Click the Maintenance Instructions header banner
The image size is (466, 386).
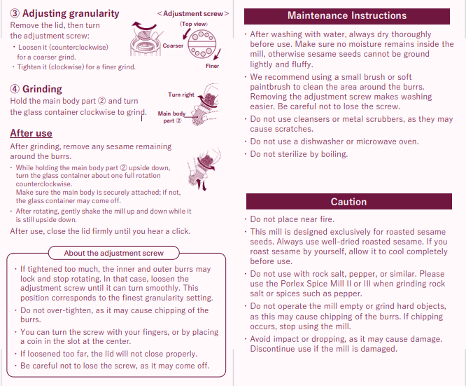[x=347, y=16]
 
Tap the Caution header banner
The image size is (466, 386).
[x=348, y=202]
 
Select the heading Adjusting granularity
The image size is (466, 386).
[x=71, y=13]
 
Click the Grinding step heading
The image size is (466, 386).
[x=42, y=89]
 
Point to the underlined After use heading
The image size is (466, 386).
[x=31, y=133]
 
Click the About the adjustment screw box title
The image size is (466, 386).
[x=114, y=253]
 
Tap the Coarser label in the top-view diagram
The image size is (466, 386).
[x=173, y=46]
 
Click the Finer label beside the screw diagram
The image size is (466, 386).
[x=212, y=66]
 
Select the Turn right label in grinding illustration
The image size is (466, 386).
[x=181, y=95]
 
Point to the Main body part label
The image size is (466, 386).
[x=171, y=116]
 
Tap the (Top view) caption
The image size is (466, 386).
[x=194, y=24]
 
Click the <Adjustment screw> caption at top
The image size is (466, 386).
[x=194, y=13]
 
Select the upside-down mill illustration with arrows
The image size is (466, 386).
[x=204, y=172]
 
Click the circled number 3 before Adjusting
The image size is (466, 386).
[x=15, y=14]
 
